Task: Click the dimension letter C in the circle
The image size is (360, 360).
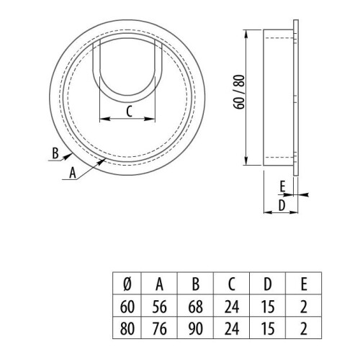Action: (129, 111)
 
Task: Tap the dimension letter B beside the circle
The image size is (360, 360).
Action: (55, 152)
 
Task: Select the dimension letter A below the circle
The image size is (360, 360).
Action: (71, 172)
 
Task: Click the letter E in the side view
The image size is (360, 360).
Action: (282, 186)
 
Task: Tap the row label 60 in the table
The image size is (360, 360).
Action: (127, 306)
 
